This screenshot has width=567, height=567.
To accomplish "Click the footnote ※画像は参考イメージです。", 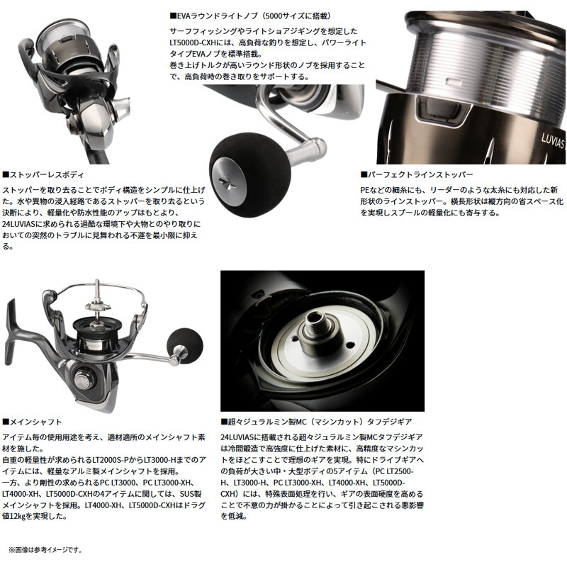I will tap(45, 549).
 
